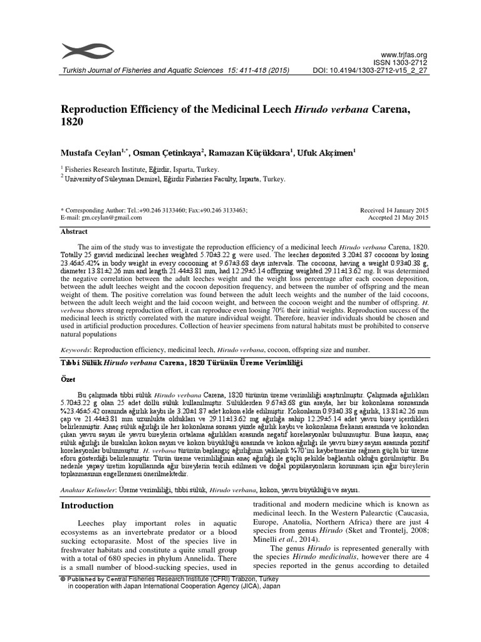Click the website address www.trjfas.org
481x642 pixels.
(408, 55)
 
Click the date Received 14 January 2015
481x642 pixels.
(394, 211)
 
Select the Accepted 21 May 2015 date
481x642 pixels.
(398, 218)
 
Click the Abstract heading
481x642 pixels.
(74, 231)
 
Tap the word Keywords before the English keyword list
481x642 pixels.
(76, 350)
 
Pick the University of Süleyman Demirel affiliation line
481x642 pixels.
(172, 178)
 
